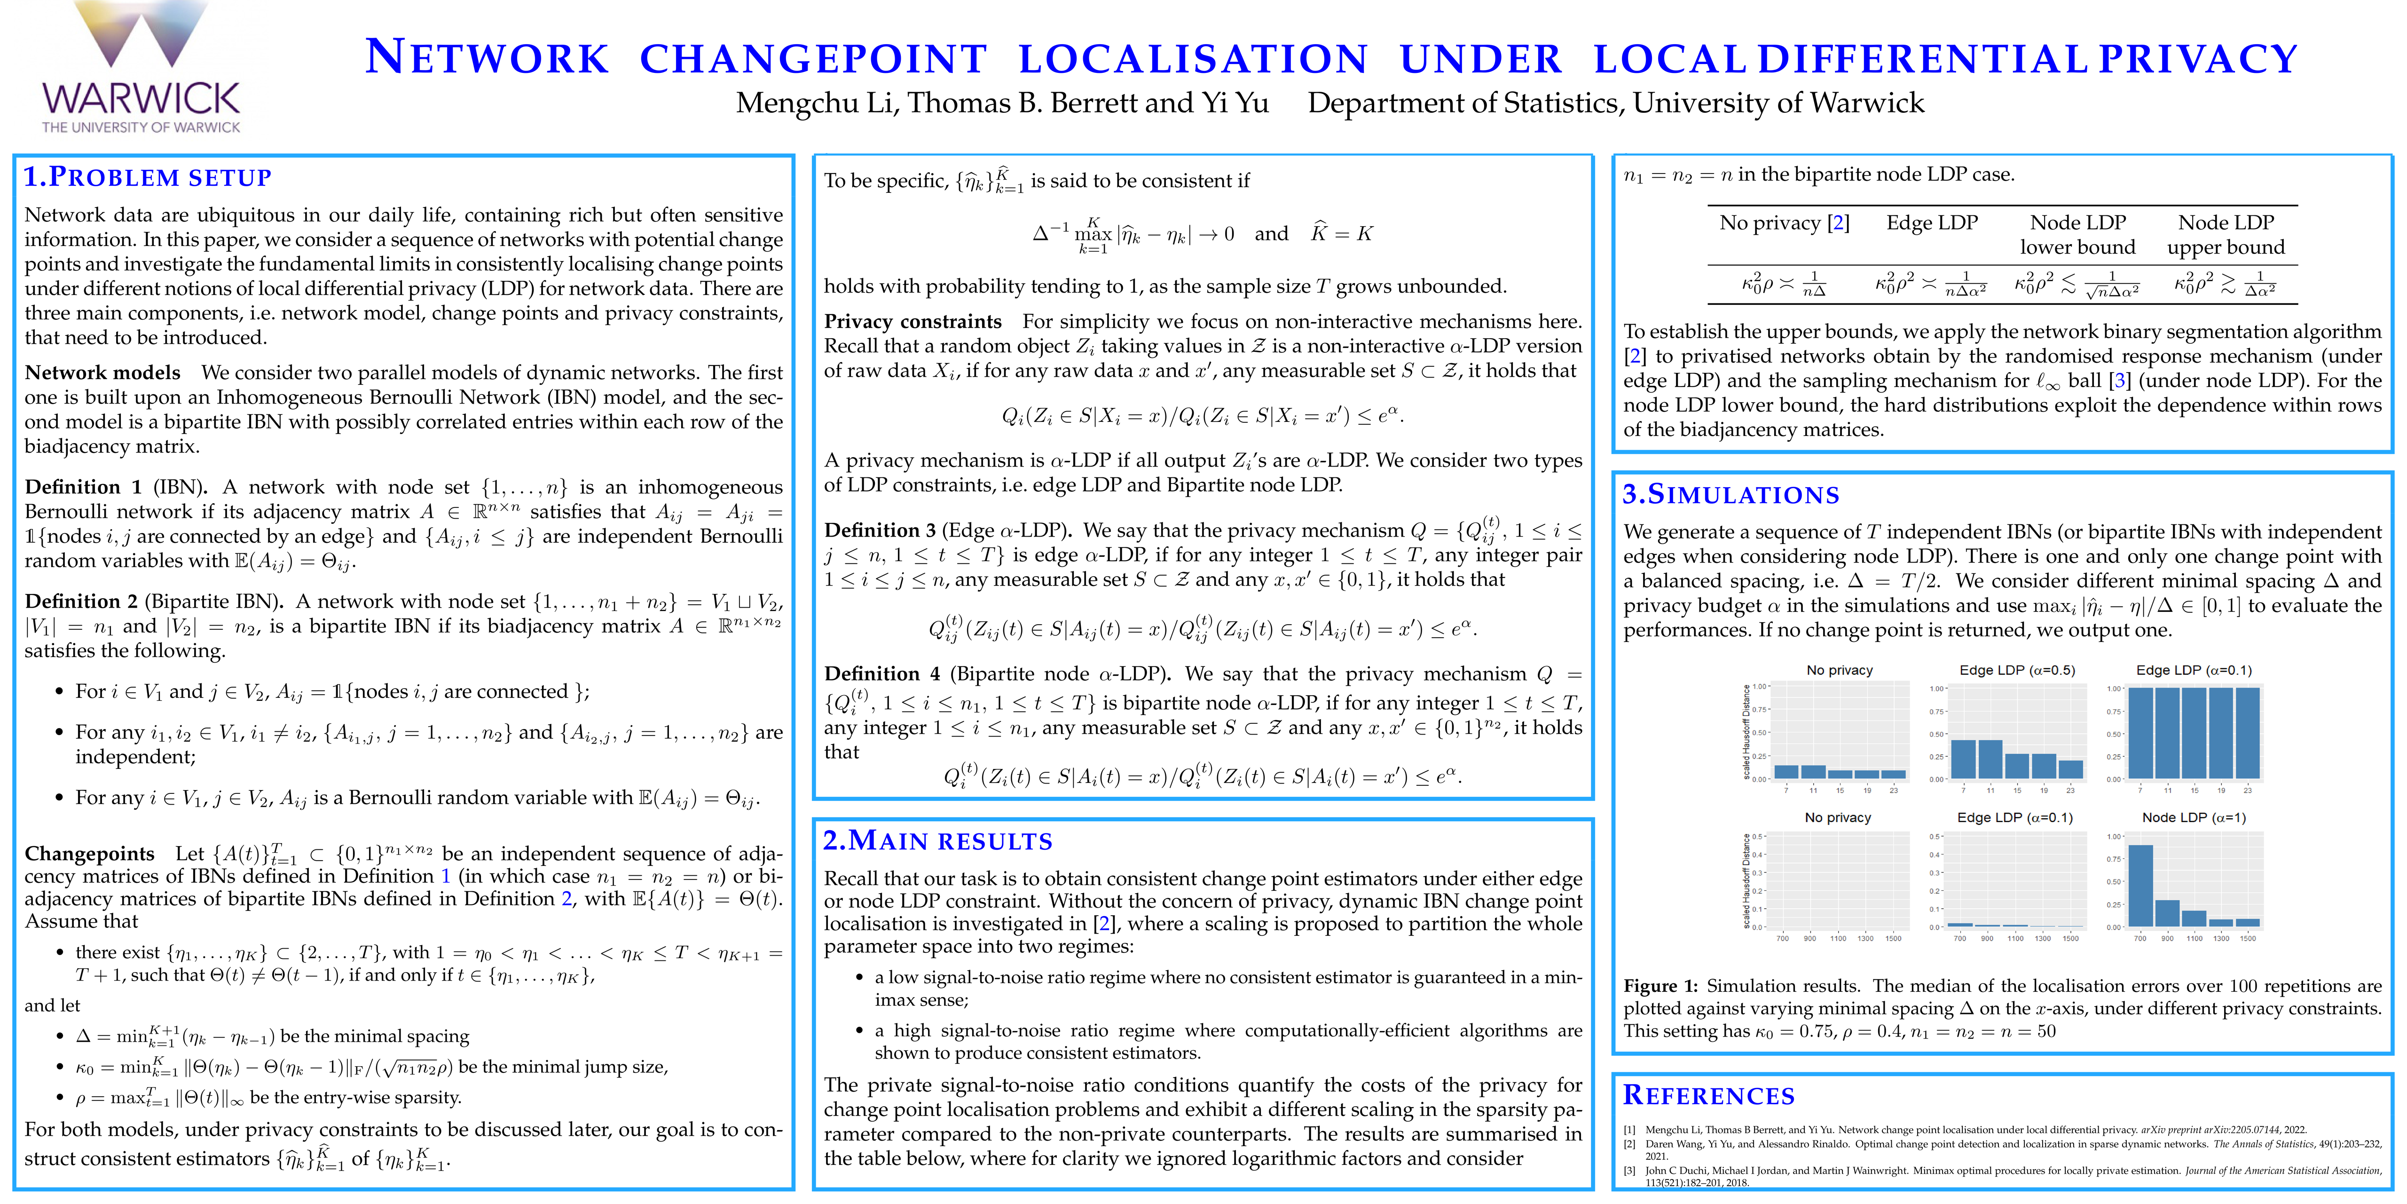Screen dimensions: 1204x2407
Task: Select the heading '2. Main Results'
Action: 937,840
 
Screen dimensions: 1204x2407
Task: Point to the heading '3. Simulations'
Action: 1731,494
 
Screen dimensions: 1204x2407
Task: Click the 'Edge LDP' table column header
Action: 1931,222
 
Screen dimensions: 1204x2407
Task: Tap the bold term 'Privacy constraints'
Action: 912,322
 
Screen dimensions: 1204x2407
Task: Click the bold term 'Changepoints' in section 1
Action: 89,854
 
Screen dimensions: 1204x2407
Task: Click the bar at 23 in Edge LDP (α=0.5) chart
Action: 2070,768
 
